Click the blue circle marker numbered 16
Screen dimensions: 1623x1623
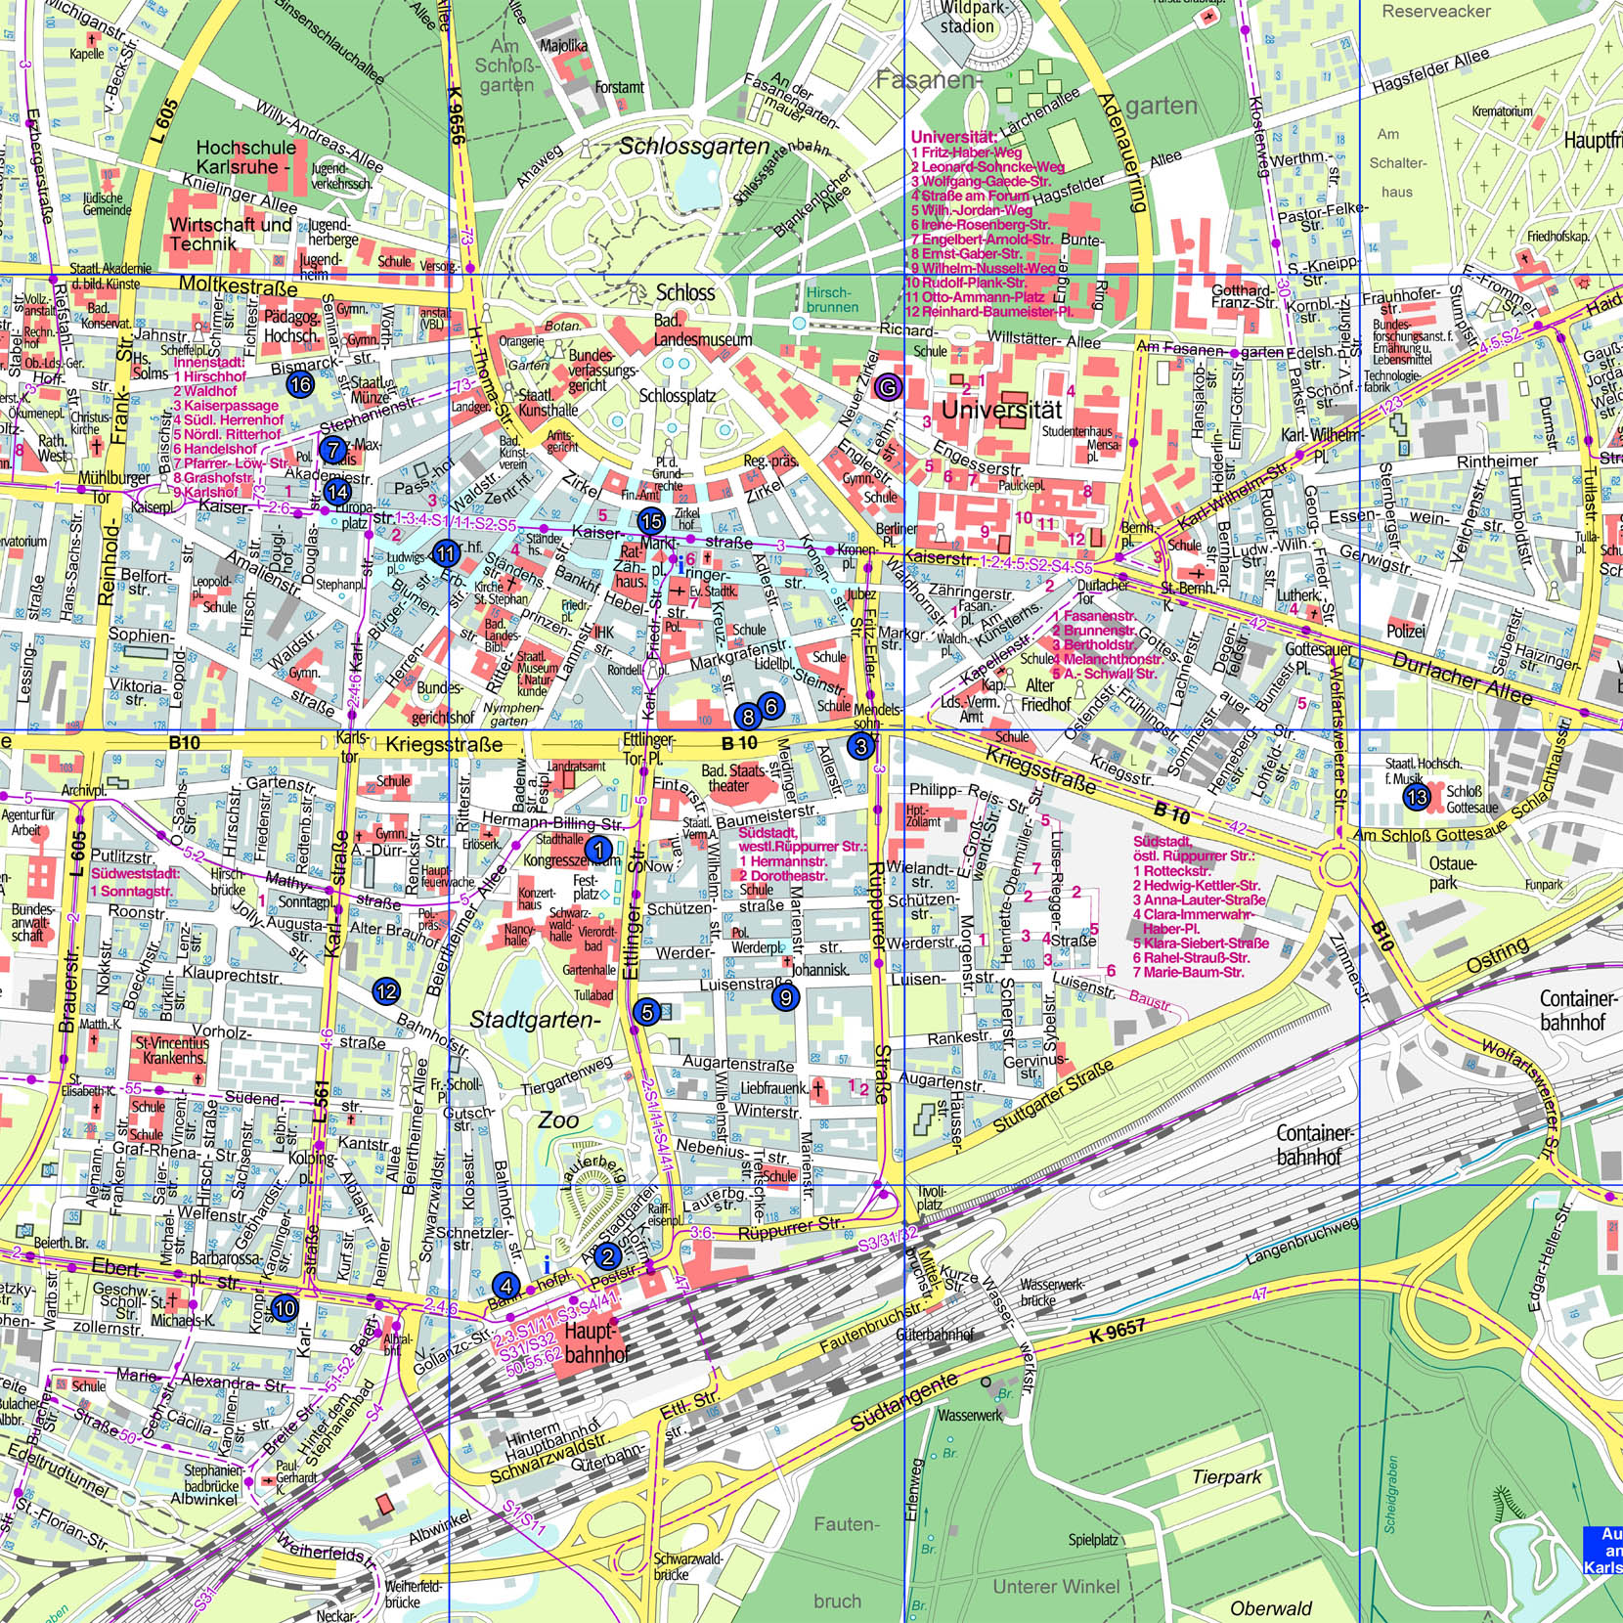coord(301,384)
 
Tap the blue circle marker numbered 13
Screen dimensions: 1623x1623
coord(1417,798)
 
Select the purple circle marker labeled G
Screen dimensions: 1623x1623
coord(888,387)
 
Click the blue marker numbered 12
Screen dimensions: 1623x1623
coord(386,991)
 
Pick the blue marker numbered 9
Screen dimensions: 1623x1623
coord(785,997)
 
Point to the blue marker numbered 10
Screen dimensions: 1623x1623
coord(285,1308)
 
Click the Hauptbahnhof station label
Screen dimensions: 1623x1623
coord(591,1343)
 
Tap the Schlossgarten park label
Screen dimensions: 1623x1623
coord(694,147)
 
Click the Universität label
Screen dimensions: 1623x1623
coord(1000,411)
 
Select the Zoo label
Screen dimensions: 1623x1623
coord(558,1120)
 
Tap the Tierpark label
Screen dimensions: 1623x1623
coord(1227,1476)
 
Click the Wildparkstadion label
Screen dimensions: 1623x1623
coord(966,18)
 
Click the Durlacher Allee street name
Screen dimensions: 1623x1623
coord(1462,678)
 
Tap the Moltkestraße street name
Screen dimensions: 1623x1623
coord(238,286)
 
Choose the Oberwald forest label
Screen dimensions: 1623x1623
coord(1271,1607)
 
